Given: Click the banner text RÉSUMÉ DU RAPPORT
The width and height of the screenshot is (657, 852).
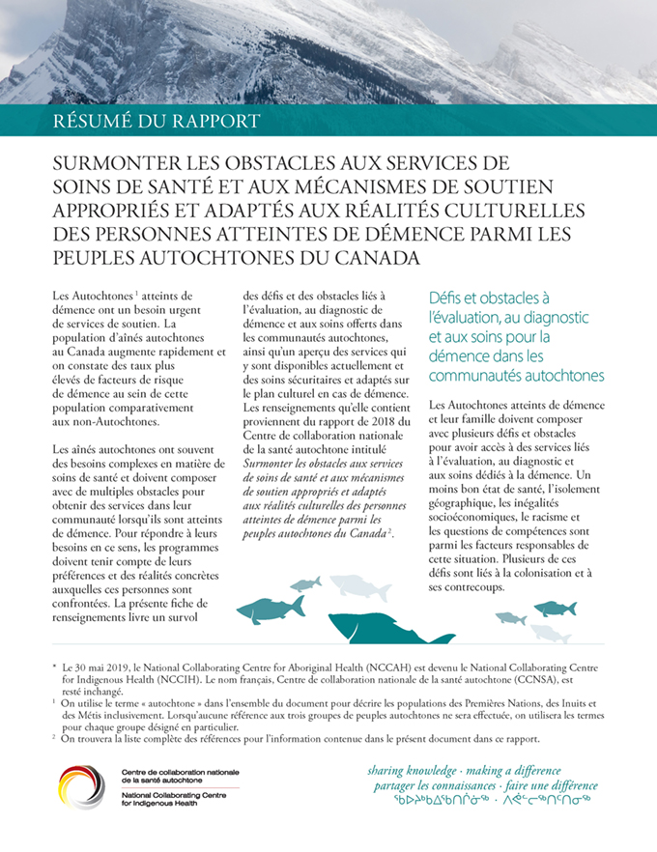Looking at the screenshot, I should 158,122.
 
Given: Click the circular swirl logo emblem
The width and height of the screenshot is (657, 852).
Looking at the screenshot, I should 83,787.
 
